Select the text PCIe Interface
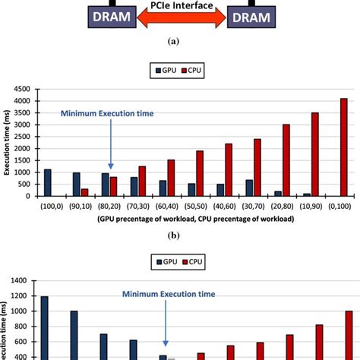click(180, 5)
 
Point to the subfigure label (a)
click(180, 44)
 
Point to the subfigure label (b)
click(180, 236)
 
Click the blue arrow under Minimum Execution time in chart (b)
click(111, 144)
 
